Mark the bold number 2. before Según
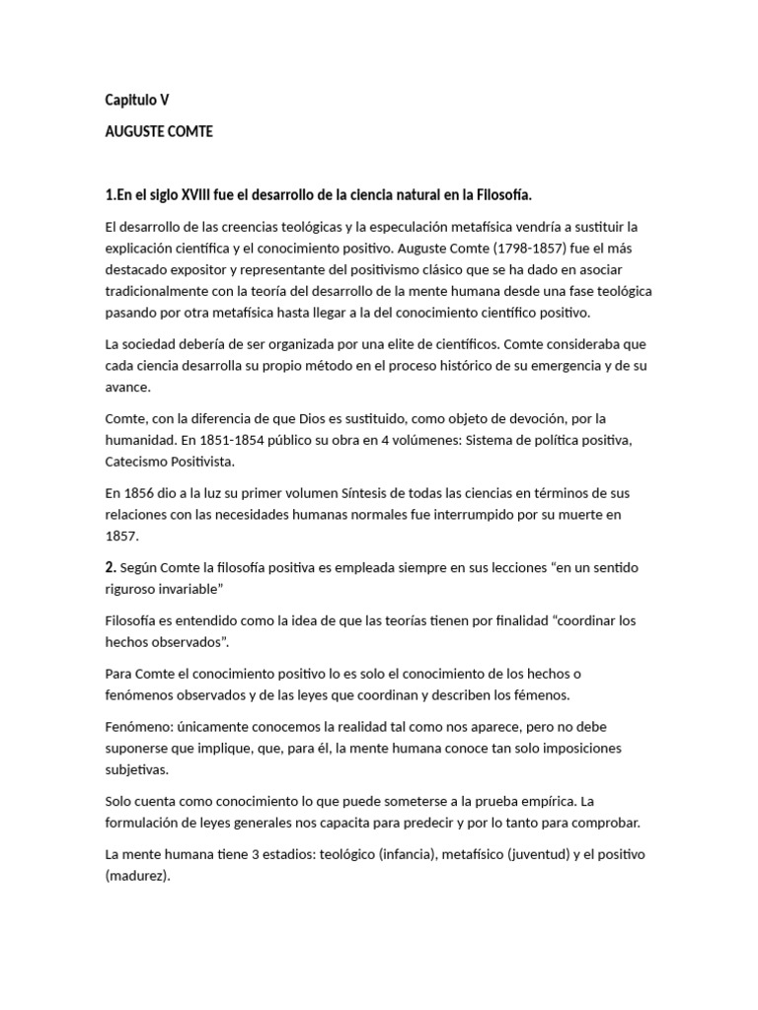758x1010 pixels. [x=111, y=568]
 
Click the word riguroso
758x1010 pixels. [x=134, y=590]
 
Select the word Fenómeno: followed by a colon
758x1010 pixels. [x=140, y=725]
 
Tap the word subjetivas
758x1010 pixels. [x=137, y=768]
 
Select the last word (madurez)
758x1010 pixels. [x=138, y=876]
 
